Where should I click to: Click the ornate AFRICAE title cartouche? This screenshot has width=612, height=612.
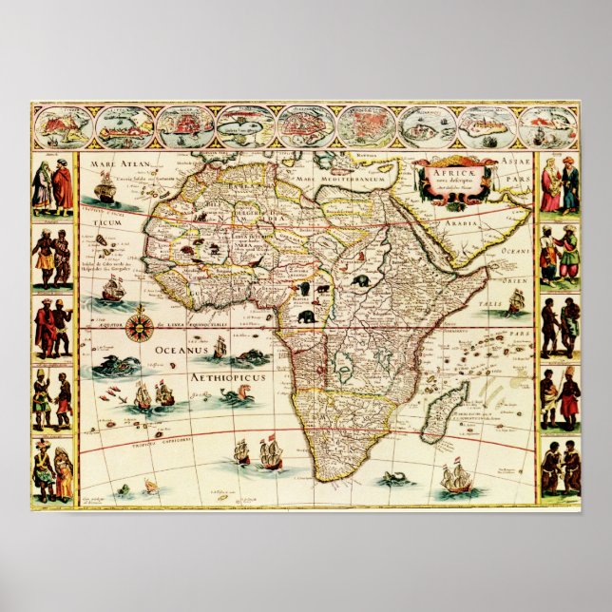click(x=455, y=181)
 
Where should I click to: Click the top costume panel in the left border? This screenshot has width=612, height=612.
click(x=53, y=185)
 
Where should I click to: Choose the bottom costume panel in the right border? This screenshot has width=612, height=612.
click(x=561, y=469)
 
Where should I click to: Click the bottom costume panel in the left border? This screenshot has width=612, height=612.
click(x=53, y=470)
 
